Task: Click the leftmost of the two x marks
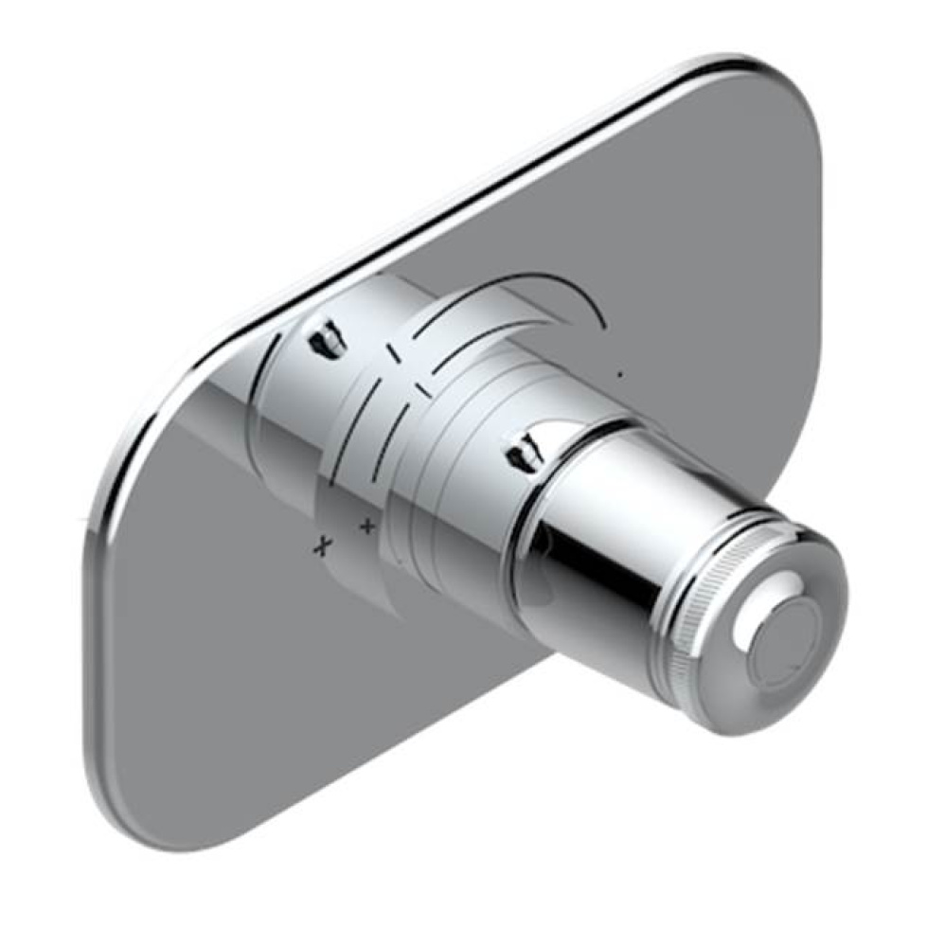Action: click(326, 544)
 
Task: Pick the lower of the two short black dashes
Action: click(423, 389)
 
